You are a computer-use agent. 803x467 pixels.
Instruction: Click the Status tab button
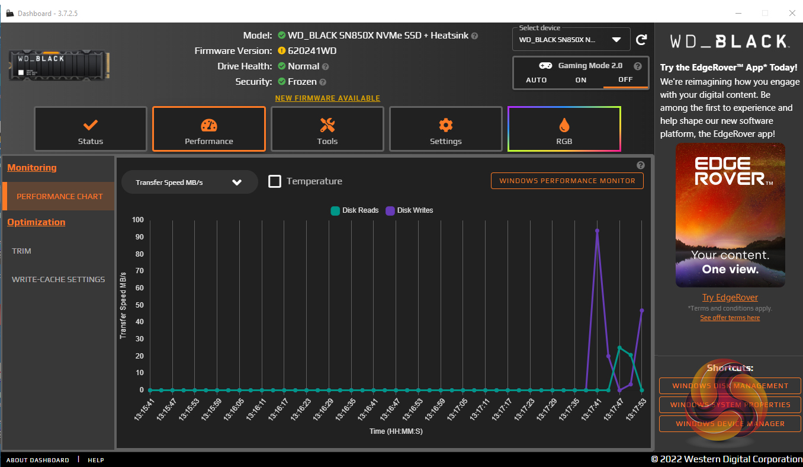click(x=90, y=129)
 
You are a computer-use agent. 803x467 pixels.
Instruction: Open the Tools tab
click(x=327, y=129)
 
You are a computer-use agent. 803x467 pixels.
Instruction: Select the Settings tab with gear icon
click(x=445, y=129)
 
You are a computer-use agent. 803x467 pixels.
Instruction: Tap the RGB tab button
click(x=564, y=129)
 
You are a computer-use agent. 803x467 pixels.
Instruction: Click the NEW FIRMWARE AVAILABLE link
click(x=327, y=98)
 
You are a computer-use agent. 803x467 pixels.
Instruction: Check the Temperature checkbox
click(x=275, y=181)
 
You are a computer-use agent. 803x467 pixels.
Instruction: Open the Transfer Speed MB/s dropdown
click(x=189, y=182)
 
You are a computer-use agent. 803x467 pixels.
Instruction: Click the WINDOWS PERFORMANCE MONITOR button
click(x=567, y=181)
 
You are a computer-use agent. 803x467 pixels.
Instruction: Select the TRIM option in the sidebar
click(x=22, y=251)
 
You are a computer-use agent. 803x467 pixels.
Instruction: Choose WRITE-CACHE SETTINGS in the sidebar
click(x=58, y=279)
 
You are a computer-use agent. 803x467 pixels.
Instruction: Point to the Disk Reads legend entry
click(x=355, y=210)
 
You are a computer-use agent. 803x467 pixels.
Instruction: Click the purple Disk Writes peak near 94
click(x=597, y=231)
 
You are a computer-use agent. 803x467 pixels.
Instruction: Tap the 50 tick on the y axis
click(x=139, y=305)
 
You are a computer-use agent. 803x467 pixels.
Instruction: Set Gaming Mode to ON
click(x=581, y=80)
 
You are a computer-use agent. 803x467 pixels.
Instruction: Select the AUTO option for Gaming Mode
click(x=537, y=80)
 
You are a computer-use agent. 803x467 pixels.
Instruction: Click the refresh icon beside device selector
click(x=641, y=40)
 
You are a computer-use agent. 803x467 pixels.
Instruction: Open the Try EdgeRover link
click(x=730, y=298)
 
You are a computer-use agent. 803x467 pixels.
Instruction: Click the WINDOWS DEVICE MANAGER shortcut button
click(x=730, y=424)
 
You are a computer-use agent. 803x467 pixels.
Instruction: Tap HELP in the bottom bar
click(x=96, y=460)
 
